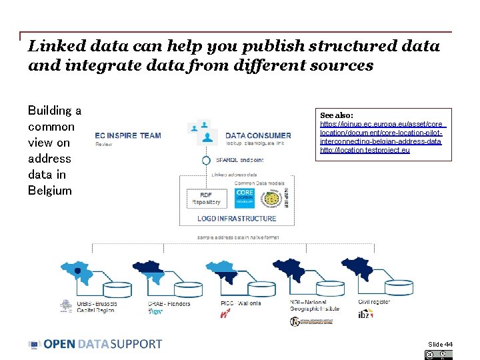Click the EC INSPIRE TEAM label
(128, 135)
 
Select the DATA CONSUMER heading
(258, 136)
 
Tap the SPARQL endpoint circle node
(207, 160)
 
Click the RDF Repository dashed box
(206, 198)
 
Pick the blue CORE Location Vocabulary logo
(245, 197)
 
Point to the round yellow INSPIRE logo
(269, 198)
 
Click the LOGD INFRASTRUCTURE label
(237, 219)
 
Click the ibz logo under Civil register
(366, 314)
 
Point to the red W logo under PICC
(225, 314)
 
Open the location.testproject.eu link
(365, 150)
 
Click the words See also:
(337, 115)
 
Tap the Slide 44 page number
(440, 344)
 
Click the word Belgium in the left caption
(49, 191)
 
